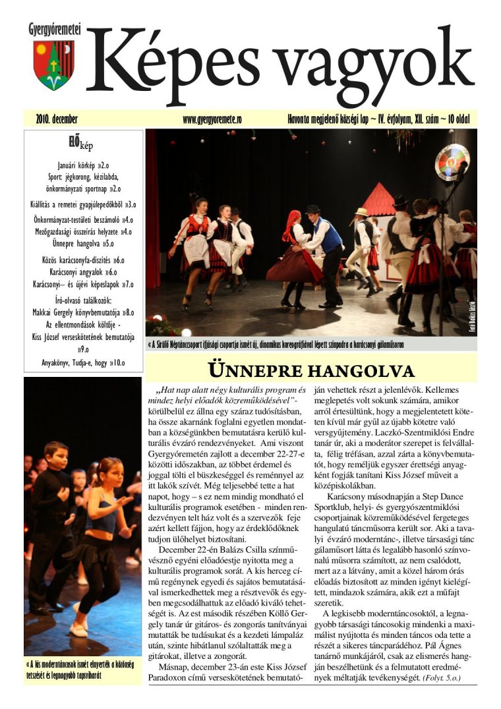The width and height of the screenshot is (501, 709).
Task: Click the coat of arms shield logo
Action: point(54,65)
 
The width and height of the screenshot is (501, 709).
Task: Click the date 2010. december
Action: point(57,120)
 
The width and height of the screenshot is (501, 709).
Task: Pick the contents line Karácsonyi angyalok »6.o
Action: point(83,271)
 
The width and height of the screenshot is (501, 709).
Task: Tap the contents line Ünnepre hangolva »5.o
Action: point(83,243)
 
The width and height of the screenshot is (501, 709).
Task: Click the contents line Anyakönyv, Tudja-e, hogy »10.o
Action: point(83,362)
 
